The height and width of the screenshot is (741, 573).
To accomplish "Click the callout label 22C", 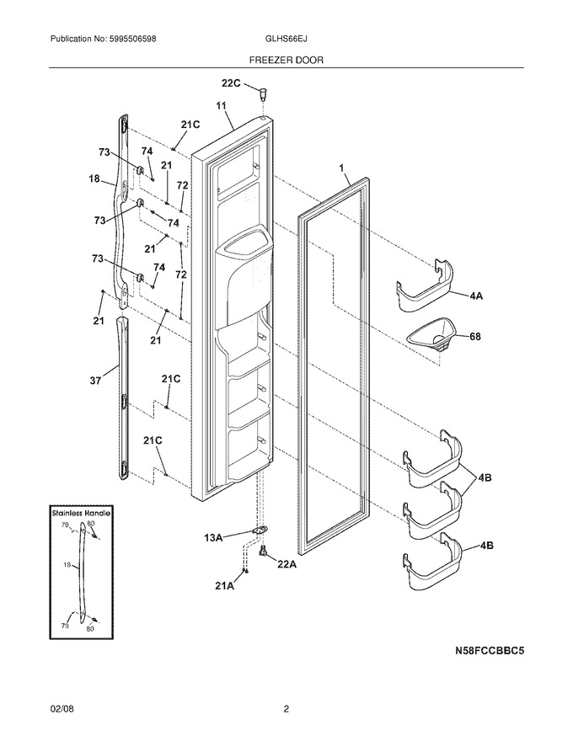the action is [231, 83].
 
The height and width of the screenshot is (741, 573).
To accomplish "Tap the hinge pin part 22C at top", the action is [262, 93].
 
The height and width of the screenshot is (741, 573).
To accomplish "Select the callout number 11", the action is [222, 106].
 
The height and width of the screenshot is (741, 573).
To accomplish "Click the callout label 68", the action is [474, 337].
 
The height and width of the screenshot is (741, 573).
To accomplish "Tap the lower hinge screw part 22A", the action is [263, 550].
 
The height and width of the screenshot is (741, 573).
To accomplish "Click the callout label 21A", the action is [224, 586].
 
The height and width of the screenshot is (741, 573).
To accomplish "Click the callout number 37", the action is [95, 381].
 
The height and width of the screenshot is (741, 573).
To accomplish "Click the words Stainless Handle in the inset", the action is [81, 512].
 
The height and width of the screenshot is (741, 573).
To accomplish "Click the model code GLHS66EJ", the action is [286, 40].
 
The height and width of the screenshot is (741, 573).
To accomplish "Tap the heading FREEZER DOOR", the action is [286, 60].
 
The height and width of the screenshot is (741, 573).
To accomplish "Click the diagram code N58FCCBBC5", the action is [490, 651].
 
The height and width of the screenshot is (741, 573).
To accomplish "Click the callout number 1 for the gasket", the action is [341, 168].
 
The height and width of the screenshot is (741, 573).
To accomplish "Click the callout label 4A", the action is [476, 296].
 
